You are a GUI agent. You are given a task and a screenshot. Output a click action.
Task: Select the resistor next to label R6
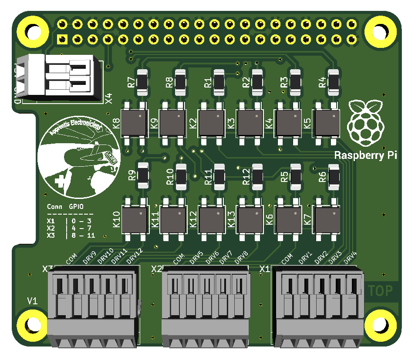coord(334,176)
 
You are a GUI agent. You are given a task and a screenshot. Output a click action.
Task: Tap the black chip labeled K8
coord(134,123)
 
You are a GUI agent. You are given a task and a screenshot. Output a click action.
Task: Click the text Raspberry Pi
coord(365,155)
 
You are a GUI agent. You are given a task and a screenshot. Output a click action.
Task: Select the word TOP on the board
coord(380,290)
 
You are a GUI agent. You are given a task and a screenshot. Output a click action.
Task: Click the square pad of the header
coord(62,40)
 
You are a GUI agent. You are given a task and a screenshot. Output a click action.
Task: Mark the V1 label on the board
coord(33,301)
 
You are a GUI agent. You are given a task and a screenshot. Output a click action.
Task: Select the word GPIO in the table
coord(75,207)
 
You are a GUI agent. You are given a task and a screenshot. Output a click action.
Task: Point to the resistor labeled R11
coord(219,177)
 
